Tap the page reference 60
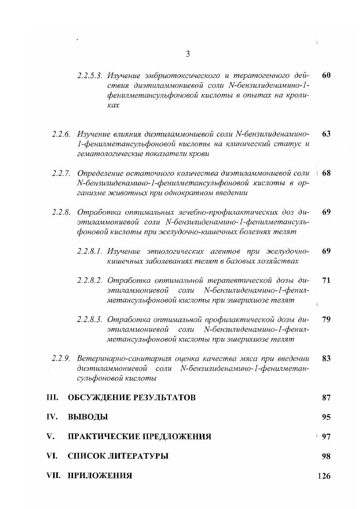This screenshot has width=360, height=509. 326,75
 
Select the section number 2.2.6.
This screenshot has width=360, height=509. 61,134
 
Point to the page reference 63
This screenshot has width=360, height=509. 326,134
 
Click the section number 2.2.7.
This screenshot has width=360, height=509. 61,173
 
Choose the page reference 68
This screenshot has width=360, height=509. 326,173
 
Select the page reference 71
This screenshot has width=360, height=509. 326,280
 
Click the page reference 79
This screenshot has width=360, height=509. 326,319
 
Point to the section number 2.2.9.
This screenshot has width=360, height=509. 61,358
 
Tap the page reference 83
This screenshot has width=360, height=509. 326,358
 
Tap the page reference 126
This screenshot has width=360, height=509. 324,476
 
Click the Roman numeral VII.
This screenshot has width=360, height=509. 54,476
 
